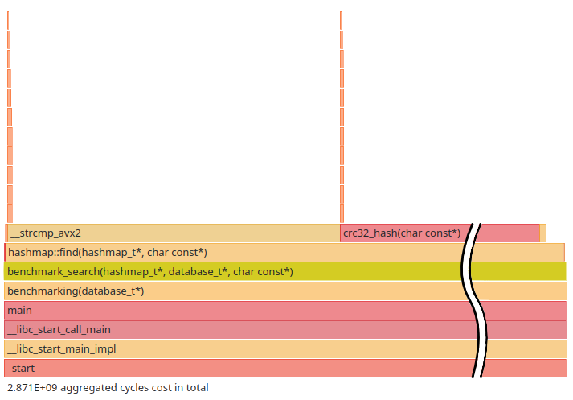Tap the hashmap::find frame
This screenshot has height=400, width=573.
[241, 253]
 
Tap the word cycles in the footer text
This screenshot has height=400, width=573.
[135, 388]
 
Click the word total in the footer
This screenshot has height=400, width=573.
[197, 388]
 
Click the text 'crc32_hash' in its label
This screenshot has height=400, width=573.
[370, 233]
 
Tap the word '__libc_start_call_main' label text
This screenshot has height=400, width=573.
[59, 330]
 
